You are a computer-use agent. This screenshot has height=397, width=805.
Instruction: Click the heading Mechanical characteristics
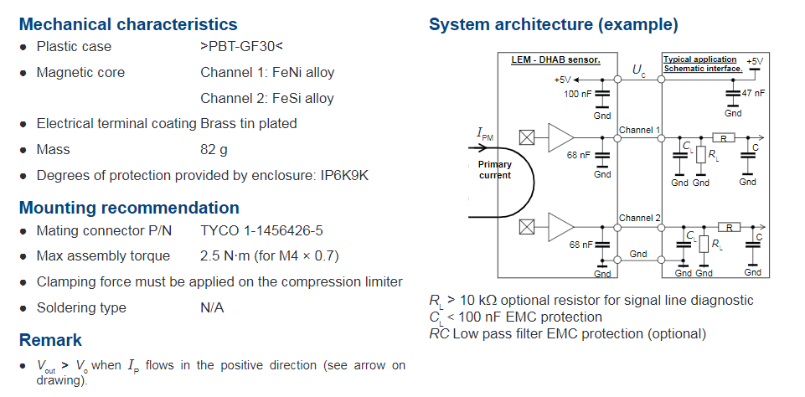(x=128, y=24)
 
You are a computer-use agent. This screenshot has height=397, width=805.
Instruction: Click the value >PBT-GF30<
(x=242, y=46)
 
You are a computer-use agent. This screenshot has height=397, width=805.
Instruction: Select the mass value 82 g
(x=214, y=150)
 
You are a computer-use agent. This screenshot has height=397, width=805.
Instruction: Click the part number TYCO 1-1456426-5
(x=262, y=230)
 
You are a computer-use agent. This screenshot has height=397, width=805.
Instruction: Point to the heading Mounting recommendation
(x=129, y=208)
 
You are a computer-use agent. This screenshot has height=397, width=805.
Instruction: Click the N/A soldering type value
(x=212, y=307)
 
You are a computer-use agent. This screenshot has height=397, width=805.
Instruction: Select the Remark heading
(x=50, y=340)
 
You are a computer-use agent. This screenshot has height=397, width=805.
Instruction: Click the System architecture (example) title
(x=554, y=24)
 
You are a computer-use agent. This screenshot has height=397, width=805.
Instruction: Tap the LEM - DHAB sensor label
(x=555, y=59)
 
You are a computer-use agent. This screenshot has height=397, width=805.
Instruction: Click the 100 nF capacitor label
(x=577, y=94)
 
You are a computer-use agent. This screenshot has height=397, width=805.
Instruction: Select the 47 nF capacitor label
(x=753, y=93)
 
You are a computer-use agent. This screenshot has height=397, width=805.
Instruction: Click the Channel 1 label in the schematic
(x=639, y=130)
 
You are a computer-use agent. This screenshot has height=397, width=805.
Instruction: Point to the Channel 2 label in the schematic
(x=639, y=218)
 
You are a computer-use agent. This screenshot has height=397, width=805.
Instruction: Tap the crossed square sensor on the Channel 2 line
(x=527, y=226)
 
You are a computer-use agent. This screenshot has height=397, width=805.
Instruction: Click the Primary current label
(x=495, y=169)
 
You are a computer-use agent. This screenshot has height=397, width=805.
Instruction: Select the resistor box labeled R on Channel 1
(x=724, y=137)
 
